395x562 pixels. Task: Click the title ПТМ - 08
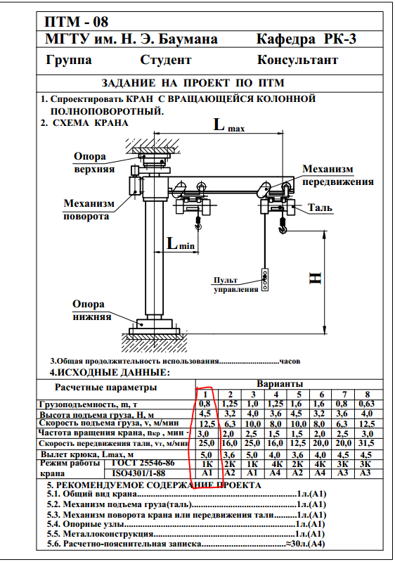point(76,22)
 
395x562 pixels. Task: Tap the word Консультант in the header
point(297,60)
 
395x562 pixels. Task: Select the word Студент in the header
point(165,60)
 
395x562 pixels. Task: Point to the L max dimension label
point(229,125)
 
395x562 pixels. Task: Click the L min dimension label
point(181,244)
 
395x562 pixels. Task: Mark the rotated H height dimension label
point(316,279)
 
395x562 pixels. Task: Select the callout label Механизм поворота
point(89,210)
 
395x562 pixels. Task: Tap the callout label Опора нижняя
point(91,310)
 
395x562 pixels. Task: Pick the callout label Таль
point(320,208)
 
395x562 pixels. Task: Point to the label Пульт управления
point(236,285)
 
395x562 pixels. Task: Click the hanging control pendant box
point(265,280)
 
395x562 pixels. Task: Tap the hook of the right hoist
point(283,228)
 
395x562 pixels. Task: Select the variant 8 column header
point(367,395)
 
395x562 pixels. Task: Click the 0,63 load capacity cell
point(367,404)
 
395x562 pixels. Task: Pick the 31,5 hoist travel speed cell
point(367,443)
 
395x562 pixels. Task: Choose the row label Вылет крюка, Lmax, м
point(87,454)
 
